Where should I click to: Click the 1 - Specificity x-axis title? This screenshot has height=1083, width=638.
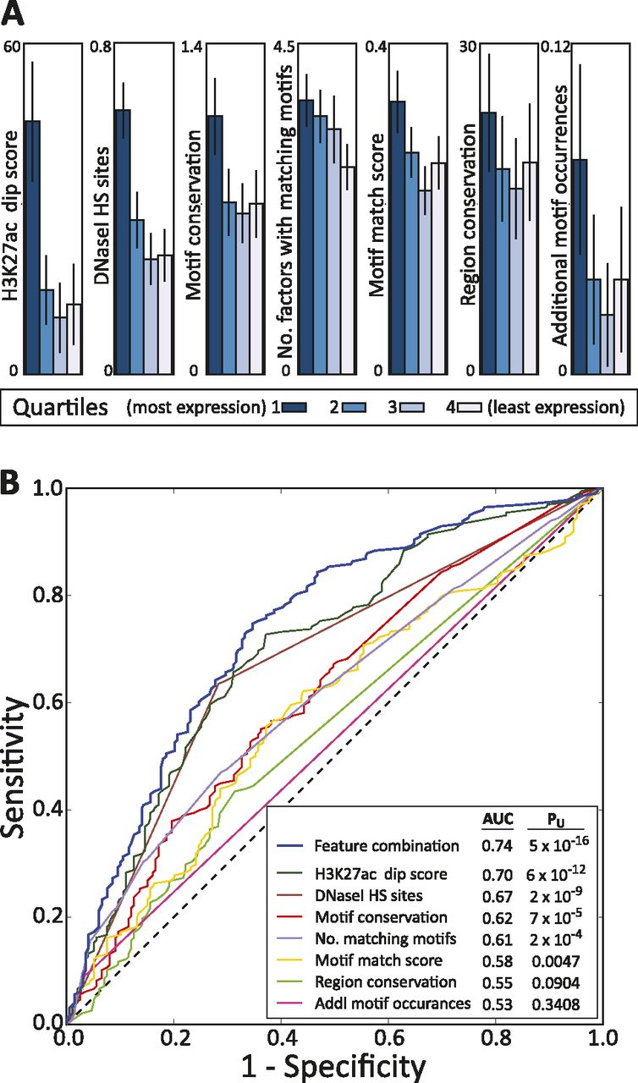click(x=333, y=1064)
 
